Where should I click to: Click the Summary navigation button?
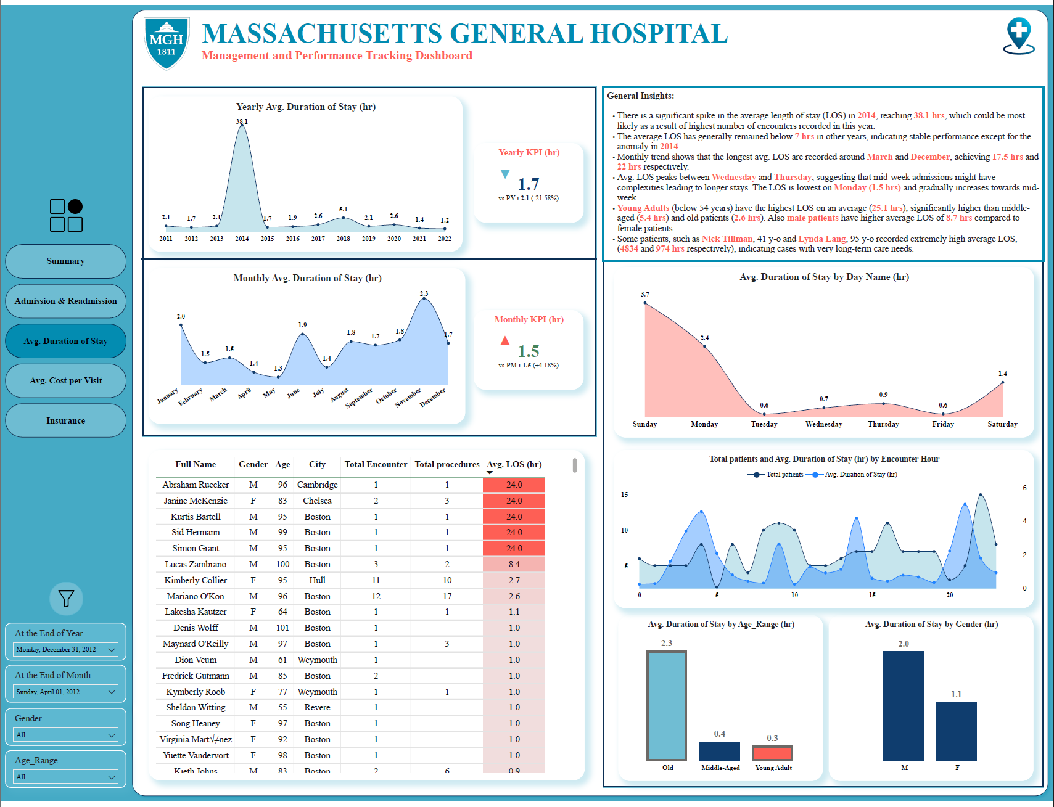coord(65,261)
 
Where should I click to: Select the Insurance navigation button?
coord(65,420)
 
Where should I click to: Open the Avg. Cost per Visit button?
coord(65,380)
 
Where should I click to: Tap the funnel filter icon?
coord(66,599)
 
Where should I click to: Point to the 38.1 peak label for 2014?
coord(242,121)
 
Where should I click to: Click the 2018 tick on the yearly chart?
coord(344,239)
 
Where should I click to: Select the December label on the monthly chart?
coord(432,398)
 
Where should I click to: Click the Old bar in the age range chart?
coord(667,706)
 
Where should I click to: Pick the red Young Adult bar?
coord(772,753)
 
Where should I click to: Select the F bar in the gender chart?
coord(957,731)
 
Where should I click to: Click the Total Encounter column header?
coord(376,464)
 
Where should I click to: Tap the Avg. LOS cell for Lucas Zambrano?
coord(514,564)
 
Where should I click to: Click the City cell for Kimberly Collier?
coord(318,580)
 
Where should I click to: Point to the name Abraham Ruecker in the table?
coord(196,485)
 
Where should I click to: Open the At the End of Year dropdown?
coord(66,649)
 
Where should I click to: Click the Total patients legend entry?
coord(775,475)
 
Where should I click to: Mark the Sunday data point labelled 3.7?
coord(645,303)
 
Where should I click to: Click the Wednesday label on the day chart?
coord(824,424)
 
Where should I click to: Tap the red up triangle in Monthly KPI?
coord(505,340)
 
